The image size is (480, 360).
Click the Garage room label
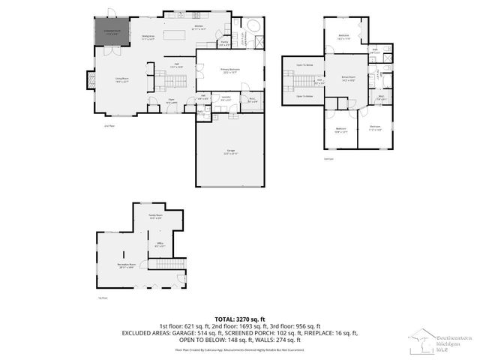(231, 151)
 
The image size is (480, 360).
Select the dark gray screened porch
(106, 32)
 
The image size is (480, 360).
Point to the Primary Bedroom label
(229, 70)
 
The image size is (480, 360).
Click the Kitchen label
(199, 27)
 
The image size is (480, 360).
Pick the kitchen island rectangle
(173, 35)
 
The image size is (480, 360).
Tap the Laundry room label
(225, 97)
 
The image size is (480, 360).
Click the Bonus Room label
(348, 78)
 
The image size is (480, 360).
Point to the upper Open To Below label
(304, 65)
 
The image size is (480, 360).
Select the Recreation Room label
(127, 265)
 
